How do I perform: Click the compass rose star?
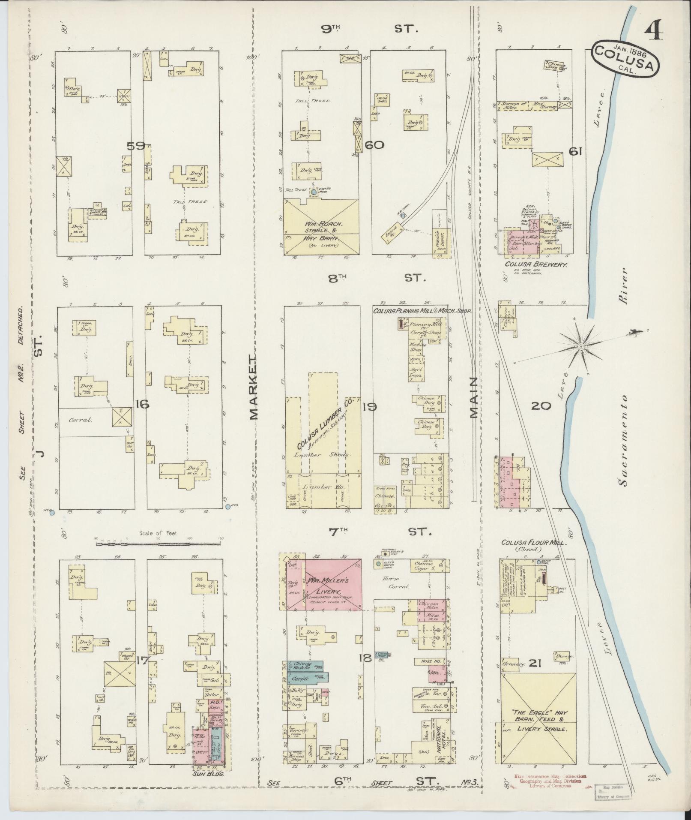[580, 346]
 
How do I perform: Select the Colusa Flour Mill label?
[534, 542]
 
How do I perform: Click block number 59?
[135, 146]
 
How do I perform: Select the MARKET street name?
[254, 387]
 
